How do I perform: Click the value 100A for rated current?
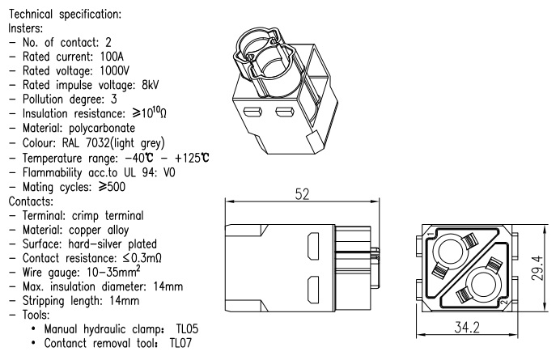[x=111, y=54]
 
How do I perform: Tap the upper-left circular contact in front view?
[x=447, y=240]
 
